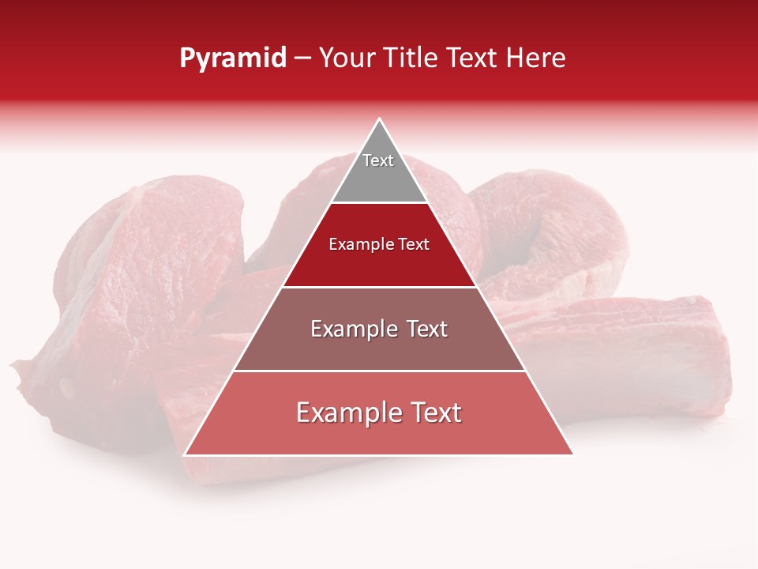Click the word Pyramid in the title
pos(233,58)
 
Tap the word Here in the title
pos(536,58)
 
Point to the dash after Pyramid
pos(302,58)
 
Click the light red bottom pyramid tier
pos(379,435)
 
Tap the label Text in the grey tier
pos(378,160)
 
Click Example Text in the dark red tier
pos(379,244)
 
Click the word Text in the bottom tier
pos(433,413)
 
